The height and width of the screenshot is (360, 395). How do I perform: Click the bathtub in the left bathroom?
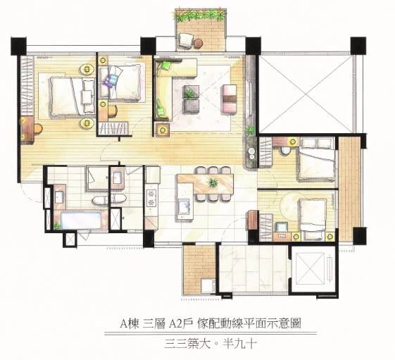coord(81,220)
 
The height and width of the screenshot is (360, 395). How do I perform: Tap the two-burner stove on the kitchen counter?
coord(151,198)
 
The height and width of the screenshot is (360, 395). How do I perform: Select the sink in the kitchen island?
coord(184,206)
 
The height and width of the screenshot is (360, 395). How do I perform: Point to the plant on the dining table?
coord(213,182)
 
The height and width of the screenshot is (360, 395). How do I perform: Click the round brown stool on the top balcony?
coord(199,43)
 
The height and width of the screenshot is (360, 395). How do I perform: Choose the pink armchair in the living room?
coord(230,99)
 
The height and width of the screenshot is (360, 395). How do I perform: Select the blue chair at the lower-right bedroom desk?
coord(282,227)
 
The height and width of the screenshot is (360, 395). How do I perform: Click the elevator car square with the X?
coord(310,268)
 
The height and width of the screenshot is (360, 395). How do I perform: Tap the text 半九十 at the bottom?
coord(240,343)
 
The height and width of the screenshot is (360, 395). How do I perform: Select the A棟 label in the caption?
coord(130,323)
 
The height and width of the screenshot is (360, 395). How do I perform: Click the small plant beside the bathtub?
coord(57,225)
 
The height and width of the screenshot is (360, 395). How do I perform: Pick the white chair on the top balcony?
coord(186,41)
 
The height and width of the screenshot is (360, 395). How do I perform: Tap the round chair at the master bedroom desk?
coord(38,129)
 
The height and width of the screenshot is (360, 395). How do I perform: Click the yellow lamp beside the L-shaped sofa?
coord(162,130)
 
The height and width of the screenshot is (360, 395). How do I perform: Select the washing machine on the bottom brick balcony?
coord(208,286)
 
